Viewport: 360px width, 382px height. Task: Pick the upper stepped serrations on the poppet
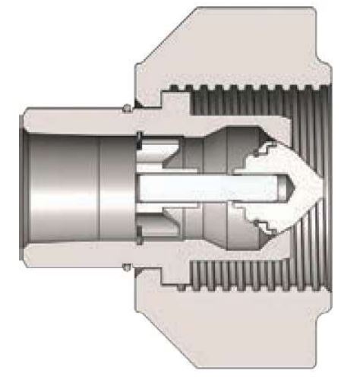pos(262,155)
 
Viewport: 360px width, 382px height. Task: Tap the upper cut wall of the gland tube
pos(76,118)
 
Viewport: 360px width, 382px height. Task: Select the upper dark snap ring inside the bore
pos(141,137)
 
